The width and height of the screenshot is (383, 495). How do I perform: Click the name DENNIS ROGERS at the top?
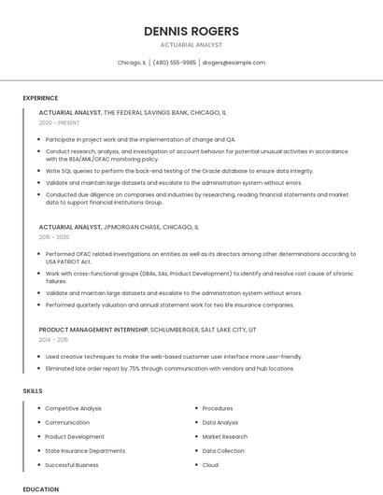click(x=191, y=31)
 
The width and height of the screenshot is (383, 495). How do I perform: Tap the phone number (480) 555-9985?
click(x=174, y=63)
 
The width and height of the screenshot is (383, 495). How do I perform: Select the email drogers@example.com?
click(x=234, y=63)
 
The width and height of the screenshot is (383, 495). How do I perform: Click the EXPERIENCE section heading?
click(x=40, y=98)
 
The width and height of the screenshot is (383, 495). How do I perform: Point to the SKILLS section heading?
click(x=33, y=390)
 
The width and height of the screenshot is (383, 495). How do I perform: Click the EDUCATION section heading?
click(x=41, y=488)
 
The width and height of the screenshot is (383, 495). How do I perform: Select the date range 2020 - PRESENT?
click(x=59, y=123)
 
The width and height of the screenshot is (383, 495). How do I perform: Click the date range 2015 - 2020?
click(x=54, y=237)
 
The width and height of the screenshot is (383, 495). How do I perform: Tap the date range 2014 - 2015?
click(x=53, y=340)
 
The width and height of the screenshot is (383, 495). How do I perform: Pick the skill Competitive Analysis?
click(x=74, y=408)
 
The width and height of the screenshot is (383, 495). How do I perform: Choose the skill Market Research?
click(x=225, y=436)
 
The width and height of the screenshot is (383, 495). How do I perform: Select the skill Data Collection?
click(x=223, y=450)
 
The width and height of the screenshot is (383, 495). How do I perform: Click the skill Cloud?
click(x=210, y=464)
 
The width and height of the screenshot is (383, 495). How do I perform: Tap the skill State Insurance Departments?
click(x=85, y=450)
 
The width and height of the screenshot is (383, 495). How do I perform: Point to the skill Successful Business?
click(x=72, y=464)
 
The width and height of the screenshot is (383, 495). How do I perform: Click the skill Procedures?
click(x=218, y=408)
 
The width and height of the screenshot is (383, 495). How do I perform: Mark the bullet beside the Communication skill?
click(x=38, y=422)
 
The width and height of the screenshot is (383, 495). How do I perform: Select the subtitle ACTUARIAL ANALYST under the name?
click(x=191, y=44)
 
